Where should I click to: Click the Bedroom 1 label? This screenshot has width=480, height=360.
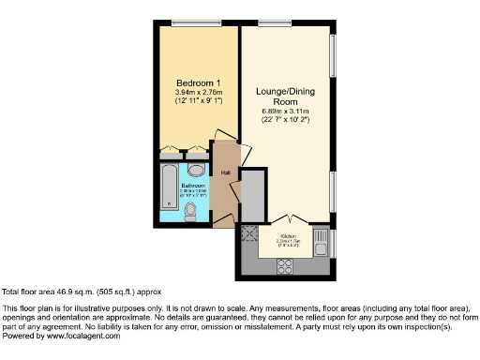[x=198, y=82]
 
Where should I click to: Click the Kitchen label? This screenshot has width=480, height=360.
[x=289, y=235]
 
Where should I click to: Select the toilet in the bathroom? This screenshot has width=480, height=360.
[x=190, y=214]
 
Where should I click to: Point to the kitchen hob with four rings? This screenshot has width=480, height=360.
[x=283, y=265]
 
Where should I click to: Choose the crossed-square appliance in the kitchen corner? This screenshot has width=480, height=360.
[x=250, y=234]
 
